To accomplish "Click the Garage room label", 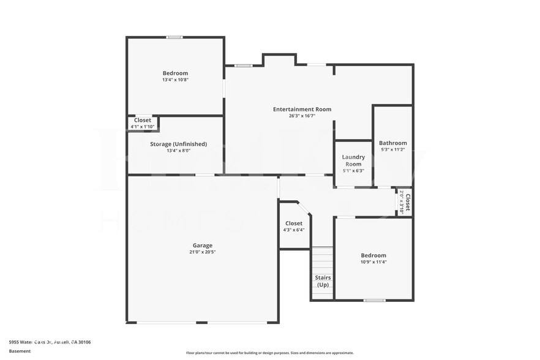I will click(202, 246).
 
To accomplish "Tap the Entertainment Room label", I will click(302, 109).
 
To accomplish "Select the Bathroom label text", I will click(392, 143).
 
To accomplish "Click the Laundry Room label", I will click(353, 160).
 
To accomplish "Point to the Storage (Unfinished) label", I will click(178, 144).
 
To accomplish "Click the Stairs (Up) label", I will click(323, 281).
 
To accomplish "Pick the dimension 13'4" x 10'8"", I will click(175, 80).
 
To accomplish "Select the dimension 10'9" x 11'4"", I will click(373, 262).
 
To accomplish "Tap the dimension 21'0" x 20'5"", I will click(202, 252).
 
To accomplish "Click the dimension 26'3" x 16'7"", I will click(302, 116).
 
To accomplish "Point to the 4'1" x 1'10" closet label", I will click(142, 127).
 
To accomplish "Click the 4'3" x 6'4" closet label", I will click(294, 230).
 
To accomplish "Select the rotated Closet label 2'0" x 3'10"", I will click(405, 201).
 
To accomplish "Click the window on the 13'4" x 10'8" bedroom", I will click(174, 37).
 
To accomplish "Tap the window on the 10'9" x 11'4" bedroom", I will click(374, 300).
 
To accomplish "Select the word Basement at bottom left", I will click(20, 351).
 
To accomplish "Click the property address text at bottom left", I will click(50, 342).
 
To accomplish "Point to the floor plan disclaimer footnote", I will click(269, 353).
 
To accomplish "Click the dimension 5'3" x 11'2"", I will click(392, 149).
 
